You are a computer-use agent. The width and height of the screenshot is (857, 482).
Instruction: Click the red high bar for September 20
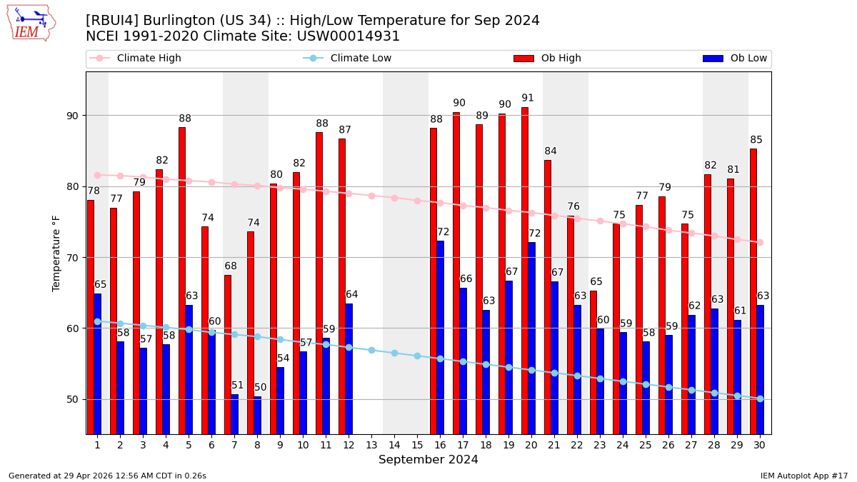pos(525,271)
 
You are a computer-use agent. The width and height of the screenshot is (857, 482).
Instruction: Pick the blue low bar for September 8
pos(258,415)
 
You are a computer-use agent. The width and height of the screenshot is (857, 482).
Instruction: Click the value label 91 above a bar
pos(528,99)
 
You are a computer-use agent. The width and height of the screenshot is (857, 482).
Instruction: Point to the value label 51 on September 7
pos(238,386)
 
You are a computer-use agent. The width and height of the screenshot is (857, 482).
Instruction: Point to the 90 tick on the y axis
pos(72,116)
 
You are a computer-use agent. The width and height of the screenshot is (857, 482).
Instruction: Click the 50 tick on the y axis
pos(72,399)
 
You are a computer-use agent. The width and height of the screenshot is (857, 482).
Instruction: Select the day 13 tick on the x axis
pos(371,445)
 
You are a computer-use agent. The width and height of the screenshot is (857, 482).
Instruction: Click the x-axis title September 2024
pos(428,460)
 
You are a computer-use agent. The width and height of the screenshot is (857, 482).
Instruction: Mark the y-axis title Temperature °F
pos(57,253)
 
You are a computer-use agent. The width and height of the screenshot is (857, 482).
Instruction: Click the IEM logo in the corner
pos(31,23)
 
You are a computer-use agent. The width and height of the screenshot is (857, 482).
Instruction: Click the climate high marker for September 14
pos(394,198)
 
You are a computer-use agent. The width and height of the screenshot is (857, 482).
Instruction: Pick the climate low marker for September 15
pos(417,356)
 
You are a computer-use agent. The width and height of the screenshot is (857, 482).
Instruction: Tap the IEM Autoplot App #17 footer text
pos(803,476)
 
